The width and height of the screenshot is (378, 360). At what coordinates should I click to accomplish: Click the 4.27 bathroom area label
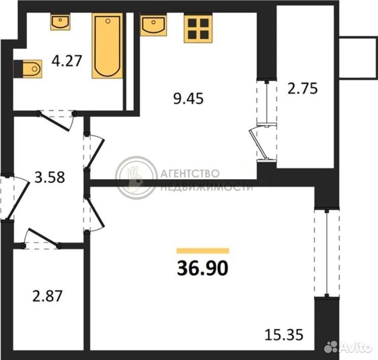pyautogui.click(x=67, y=61)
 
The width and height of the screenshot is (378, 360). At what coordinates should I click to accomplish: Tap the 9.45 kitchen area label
pyautogui.click(x=188, y=99)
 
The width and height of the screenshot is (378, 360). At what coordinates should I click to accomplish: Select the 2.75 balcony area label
pyautogui.click(x=302, y=88)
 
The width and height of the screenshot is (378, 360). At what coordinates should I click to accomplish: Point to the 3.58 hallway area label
pyautogui.click(x=49, y=177)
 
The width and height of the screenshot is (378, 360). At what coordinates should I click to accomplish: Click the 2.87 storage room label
pyautogui.click(x=47, y=296)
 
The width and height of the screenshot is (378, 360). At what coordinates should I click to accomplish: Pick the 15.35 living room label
pyautogui.click(x=283, y=335)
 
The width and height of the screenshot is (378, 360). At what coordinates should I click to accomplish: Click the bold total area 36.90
pyautogui.click(x=203, y=268)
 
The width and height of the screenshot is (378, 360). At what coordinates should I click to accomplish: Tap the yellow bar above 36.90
pyautogui.click(x=203, y=251)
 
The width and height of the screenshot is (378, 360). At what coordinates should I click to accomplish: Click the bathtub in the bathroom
pyautogui.click(x=107, y=46)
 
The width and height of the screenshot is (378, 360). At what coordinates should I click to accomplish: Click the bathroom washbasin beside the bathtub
pyautogui.click(x=60, y=22)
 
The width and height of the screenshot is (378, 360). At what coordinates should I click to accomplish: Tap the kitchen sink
pyautogui.click(x=153, y=25)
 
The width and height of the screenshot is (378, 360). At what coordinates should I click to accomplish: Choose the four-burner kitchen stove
pyautogui.click(x=198, y=28)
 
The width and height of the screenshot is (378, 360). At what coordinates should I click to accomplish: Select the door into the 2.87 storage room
pyautogui.click(x=42, y=238)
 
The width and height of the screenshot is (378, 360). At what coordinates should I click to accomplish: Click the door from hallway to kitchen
pyautogui.click(x=94, y=151)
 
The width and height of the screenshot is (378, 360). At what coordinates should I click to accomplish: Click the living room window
pyautogui.click(x=327, y=253)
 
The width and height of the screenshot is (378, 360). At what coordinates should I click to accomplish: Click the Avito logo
pyautogui.click(x=348, y=347)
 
